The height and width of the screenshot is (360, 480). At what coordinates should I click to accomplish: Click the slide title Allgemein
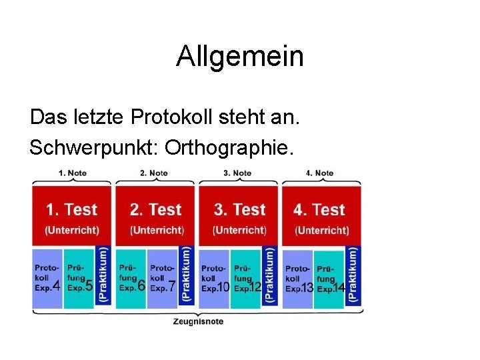239,57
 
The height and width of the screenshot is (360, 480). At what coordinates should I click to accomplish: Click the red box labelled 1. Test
71,215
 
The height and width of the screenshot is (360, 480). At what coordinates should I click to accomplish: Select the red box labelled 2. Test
155,215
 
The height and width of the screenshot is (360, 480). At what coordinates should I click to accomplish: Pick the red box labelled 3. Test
239,215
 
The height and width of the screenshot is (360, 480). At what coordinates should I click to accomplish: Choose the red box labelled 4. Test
322,215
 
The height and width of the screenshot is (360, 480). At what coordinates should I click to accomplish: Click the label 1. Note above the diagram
73,173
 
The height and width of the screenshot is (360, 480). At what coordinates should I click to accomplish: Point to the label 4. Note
320,173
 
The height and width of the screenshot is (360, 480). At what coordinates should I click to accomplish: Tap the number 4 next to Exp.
57,287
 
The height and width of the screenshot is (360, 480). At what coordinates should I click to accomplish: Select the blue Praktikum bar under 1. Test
103,275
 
